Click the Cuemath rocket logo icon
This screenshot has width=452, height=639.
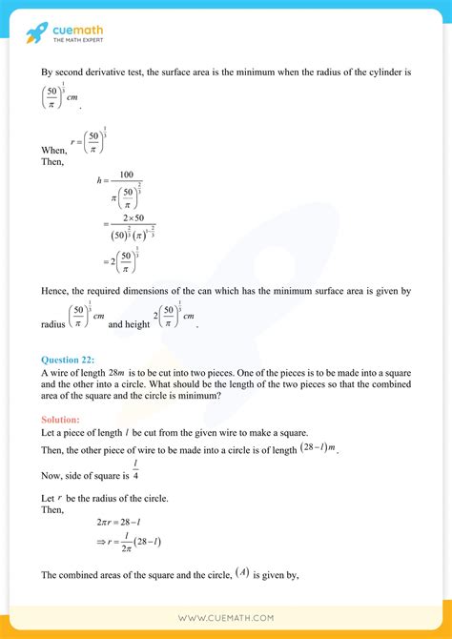click(35, 35)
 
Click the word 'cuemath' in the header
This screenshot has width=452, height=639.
click(79, 31)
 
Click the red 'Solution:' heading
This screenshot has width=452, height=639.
click(61, 420)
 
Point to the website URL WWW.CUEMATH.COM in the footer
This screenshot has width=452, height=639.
click(225, 618)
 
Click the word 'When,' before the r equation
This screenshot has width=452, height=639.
click(54, 151)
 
